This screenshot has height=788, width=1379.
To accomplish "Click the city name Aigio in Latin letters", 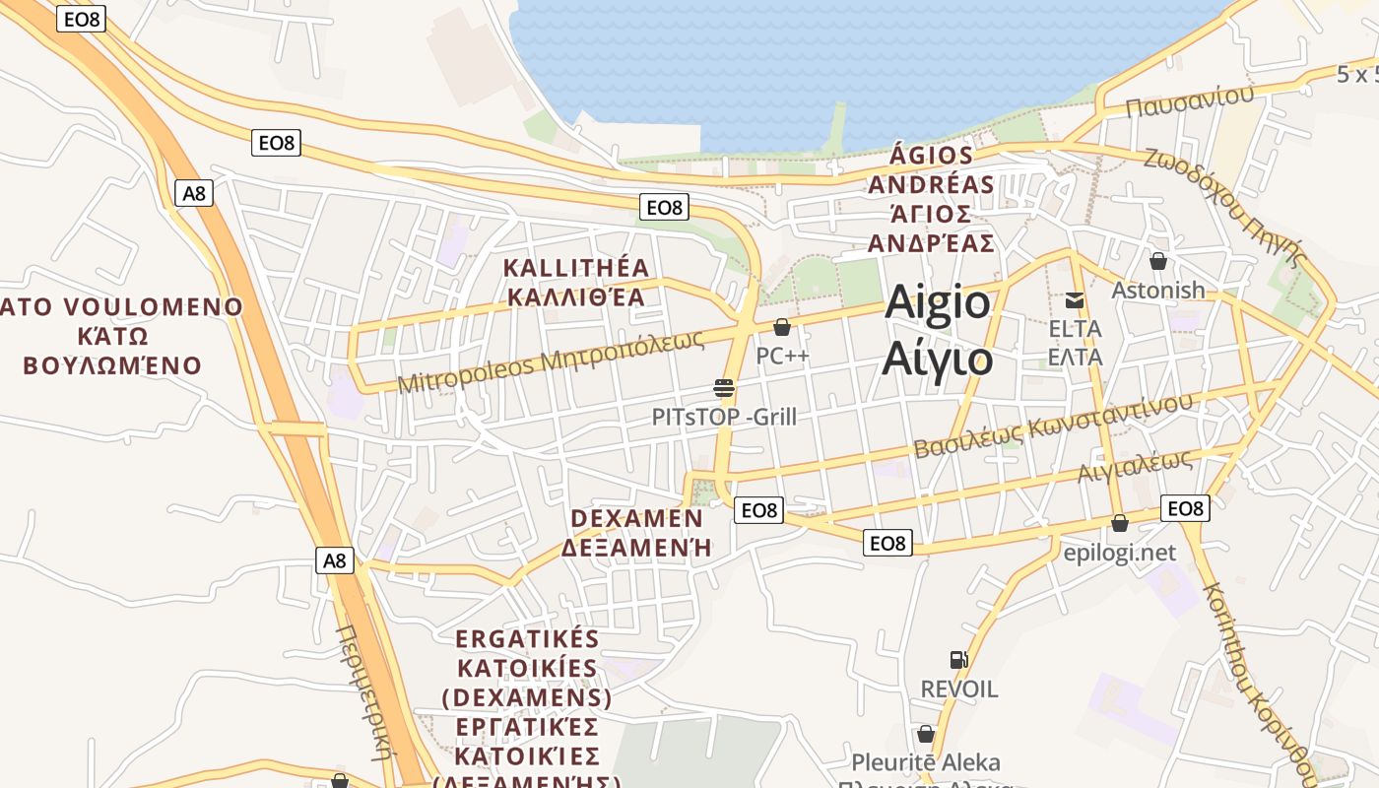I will [937, 302].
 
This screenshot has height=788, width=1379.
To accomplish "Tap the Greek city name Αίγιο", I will [937, 358].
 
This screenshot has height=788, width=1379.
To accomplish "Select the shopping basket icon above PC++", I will [782, 327].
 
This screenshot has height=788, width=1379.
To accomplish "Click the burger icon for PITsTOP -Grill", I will [724, 387].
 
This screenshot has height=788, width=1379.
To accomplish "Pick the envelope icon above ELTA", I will [1075, 300].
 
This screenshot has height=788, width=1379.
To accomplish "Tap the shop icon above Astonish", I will [1158, 261].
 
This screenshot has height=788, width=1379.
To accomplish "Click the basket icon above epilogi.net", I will [1120, 523].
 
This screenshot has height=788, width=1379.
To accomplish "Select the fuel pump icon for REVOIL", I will [958, 660].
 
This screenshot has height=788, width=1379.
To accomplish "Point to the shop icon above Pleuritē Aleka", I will [926, 734].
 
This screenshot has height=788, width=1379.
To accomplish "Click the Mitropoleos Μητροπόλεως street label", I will [551, 361].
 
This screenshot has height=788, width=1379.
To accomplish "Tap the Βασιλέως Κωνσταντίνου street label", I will [1053, 425].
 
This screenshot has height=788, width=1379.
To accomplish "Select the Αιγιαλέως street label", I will [1135, 467].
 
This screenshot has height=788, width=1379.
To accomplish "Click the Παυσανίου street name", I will [1190, 100].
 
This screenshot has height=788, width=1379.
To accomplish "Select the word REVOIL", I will [958, 689].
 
